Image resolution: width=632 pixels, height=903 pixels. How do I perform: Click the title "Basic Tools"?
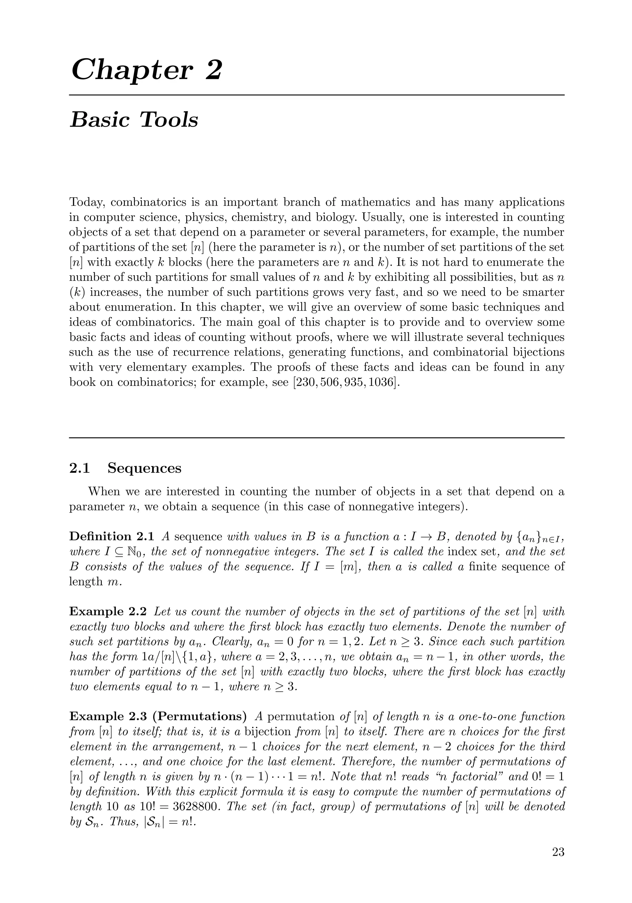point(134,120)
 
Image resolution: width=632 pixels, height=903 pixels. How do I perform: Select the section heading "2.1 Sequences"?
point(125,468)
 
